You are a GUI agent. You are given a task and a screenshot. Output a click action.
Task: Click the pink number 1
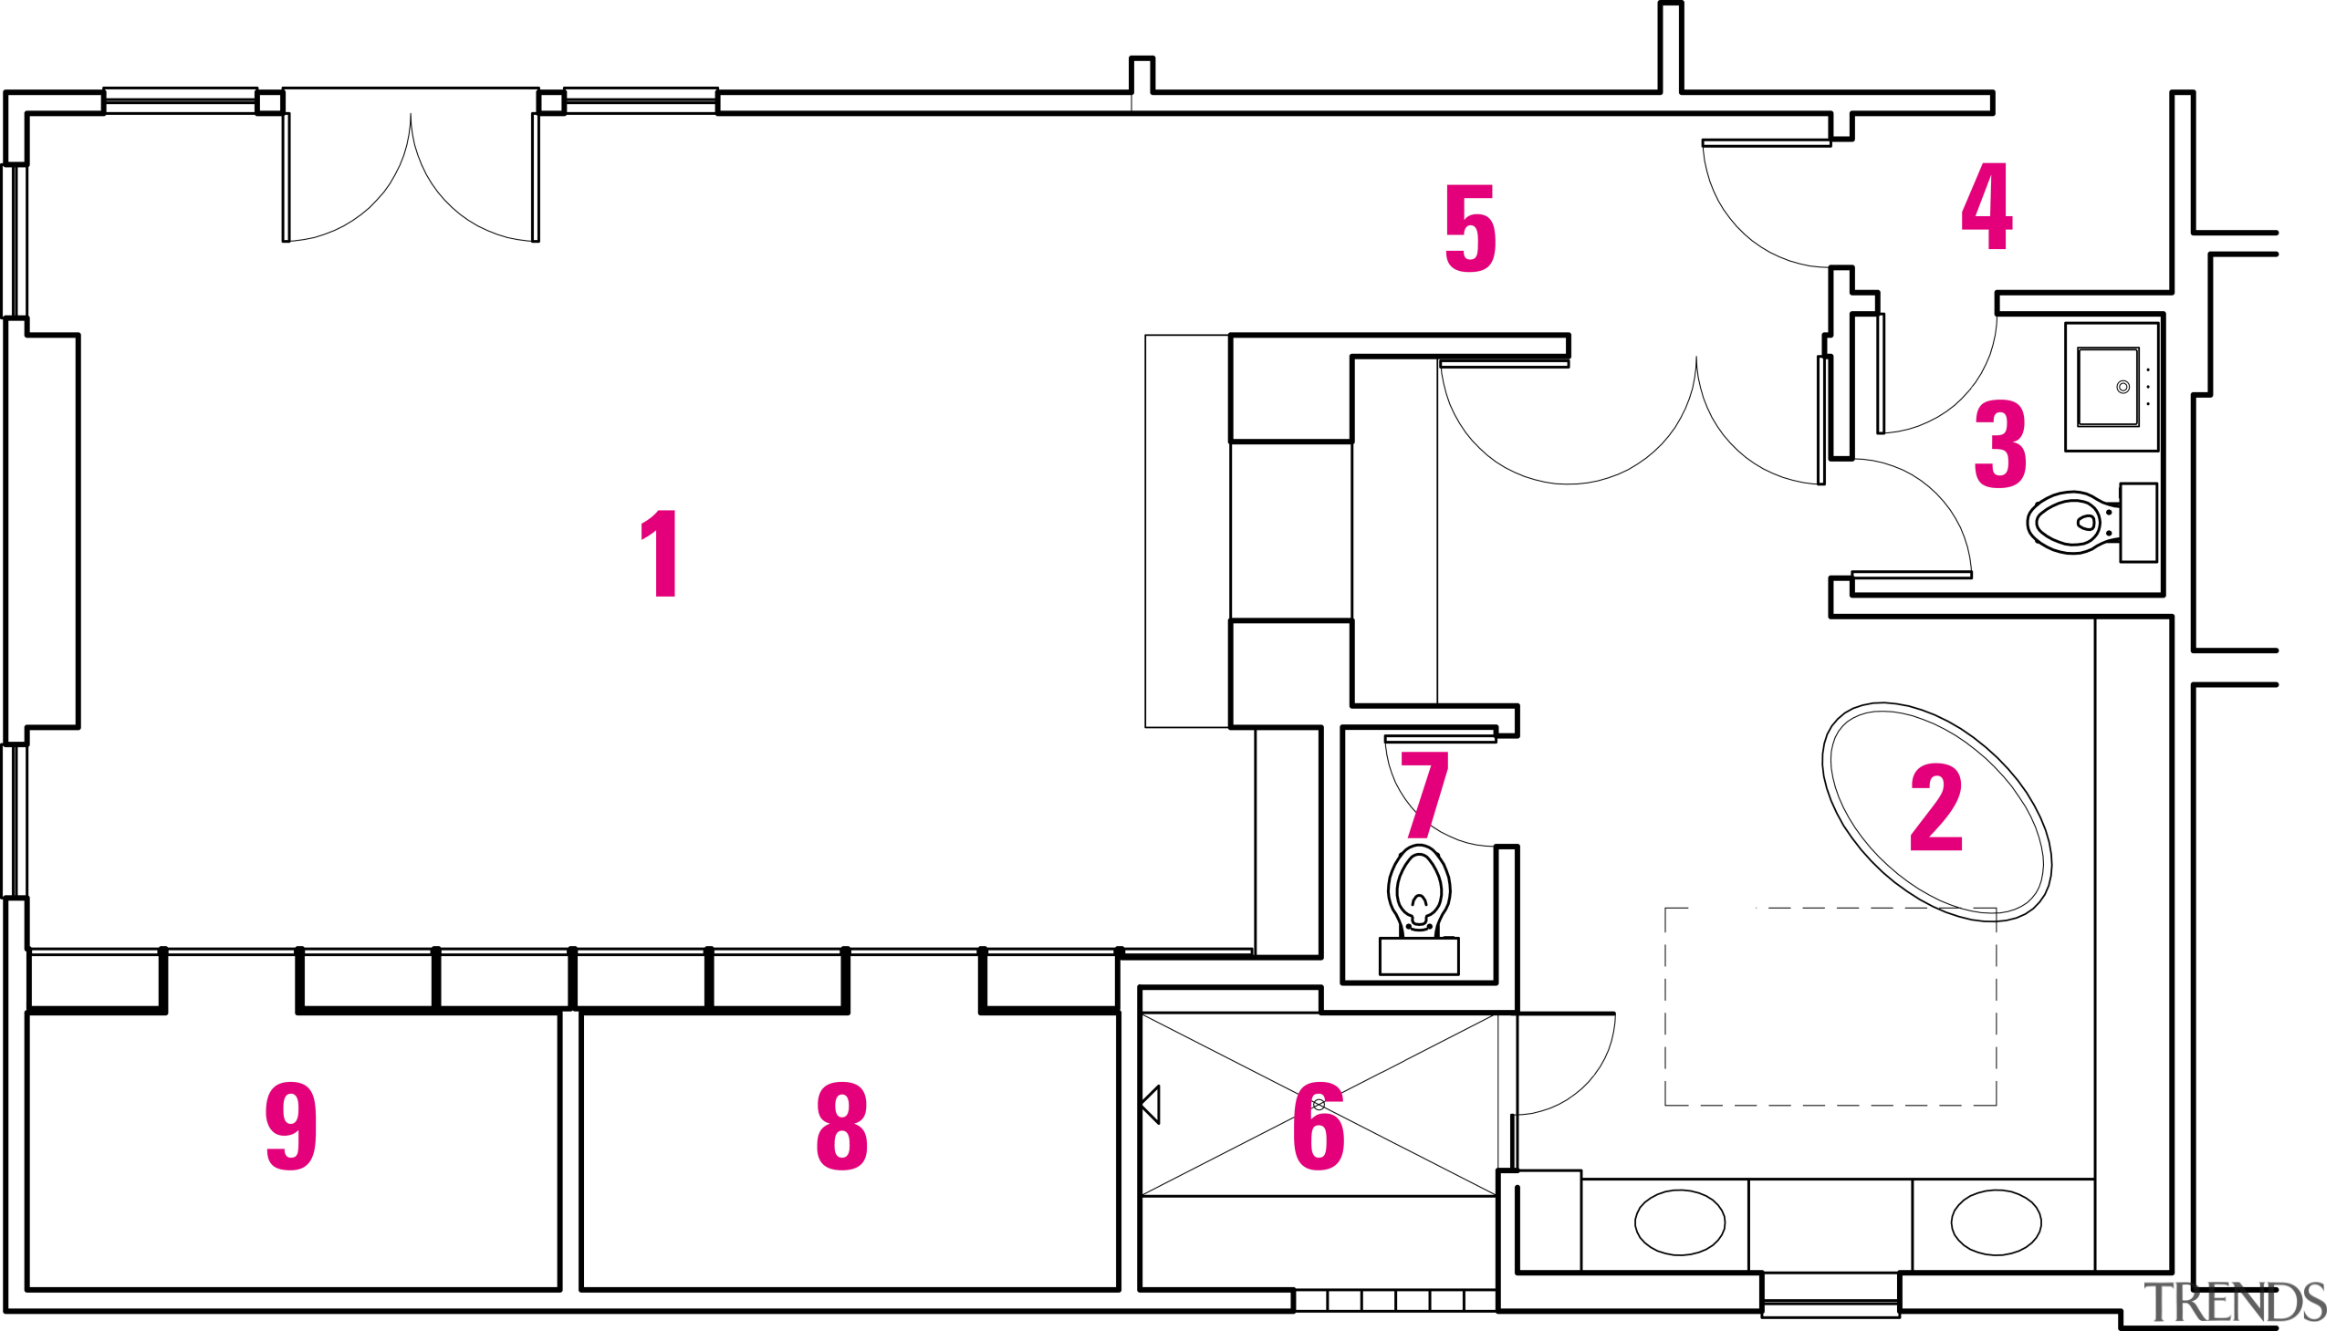point(660,554)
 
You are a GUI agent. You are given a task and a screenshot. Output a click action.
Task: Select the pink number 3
point(1999,443)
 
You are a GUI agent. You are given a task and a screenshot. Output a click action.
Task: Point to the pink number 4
point(1986,205)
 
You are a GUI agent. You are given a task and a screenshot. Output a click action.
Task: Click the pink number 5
point(1470,229)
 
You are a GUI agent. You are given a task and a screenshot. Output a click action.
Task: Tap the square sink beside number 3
point(2108,387)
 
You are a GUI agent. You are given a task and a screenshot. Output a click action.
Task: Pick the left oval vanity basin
point(1679,1222)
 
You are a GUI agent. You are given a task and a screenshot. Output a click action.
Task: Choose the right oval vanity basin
point(1995,1222)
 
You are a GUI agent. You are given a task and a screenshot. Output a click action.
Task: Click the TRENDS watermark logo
point(2234,1302)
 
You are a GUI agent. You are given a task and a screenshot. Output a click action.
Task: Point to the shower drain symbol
point(1318,1104)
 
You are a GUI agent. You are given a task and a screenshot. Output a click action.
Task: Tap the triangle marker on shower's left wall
point(1152,1104)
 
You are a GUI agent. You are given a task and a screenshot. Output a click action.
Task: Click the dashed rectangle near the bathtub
point(1666,1005)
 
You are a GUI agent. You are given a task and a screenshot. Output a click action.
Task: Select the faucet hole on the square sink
point(2122,387)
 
